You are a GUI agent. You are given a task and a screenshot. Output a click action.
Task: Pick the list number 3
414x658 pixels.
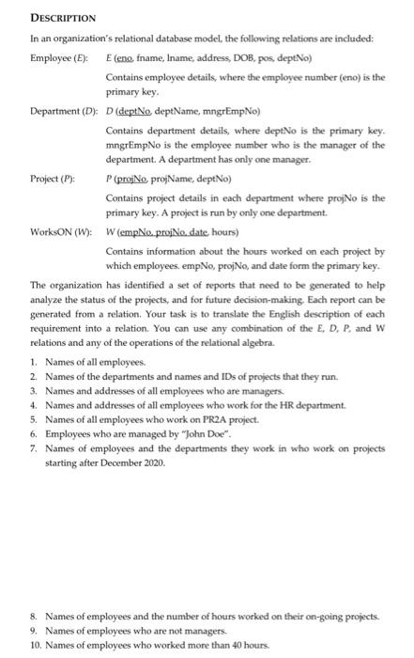tap(34, 390)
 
